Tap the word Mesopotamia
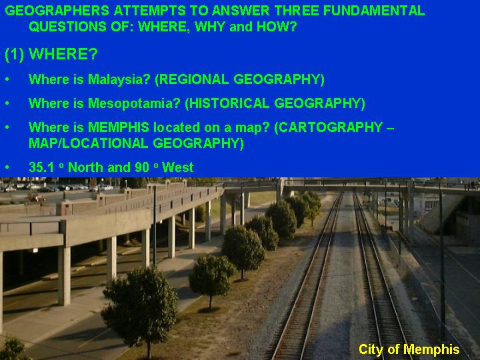click(x=134, y=104)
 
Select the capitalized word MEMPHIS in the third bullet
click(x=119, y=127)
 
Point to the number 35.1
click(x=41, y=167)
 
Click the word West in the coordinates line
click(x=177, y=167)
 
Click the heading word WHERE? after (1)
click(x=63, y=54)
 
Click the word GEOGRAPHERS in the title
click(x=57, y=11)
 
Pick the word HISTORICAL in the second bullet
click(x=229, y=103)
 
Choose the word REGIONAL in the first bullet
click(x=194, y=79)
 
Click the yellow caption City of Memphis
click(x=409, y=349)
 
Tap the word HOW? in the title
click(x=277, y=27)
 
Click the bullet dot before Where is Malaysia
click(x=7, y=79)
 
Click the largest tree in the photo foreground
click(x=140, y=306)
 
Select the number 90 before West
click(x=142, y=167)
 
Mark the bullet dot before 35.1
click(x=7, y=167)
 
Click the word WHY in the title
click(x=210, y=27)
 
